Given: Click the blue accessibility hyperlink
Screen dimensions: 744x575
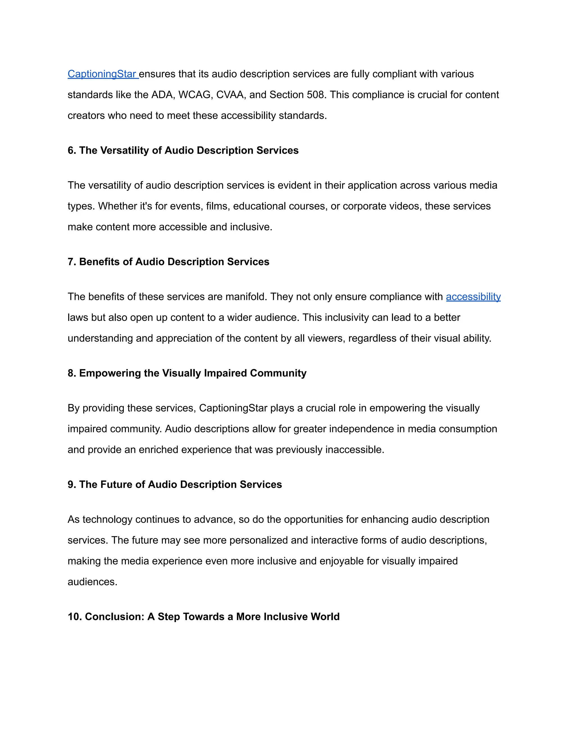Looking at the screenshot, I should pos(473,297).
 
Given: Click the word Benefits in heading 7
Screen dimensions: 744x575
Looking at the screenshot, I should pos(100,262).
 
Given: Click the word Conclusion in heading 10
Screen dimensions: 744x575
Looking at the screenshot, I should pos(115,617).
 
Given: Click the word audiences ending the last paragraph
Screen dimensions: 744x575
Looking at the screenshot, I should pos(92,582).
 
